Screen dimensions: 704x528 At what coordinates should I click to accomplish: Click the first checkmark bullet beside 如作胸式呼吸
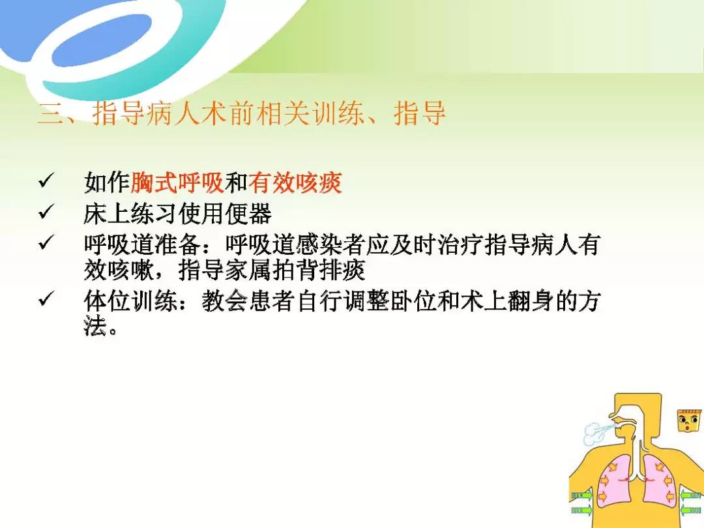(46, 181)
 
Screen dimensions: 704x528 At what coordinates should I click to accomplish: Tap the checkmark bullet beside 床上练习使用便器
(46, 211)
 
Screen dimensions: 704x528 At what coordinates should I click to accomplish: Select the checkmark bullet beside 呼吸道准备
(46, 242)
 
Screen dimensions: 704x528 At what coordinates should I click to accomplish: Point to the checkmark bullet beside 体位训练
(46, 299)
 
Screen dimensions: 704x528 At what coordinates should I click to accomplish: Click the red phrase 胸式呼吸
(177, 183)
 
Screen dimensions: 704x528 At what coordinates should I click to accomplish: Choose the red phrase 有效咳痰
(295, 183)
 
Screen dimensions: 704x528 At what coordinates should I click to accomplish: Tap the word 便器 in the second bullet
(248, 213)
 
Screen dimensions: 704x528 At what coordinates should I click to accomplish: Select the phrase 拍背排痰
(318, 269)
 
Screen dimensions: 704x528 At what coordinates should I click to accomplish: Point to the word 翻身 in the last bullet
(531, 301)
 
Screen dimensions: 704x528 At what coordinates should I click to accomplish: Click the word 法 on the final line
(95, 325)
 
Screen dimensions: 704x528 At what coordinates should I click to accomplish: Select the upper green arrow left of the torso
(581, 495)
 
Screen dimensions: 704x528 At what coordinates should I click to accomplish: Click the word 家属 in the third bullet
(248, 269)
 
